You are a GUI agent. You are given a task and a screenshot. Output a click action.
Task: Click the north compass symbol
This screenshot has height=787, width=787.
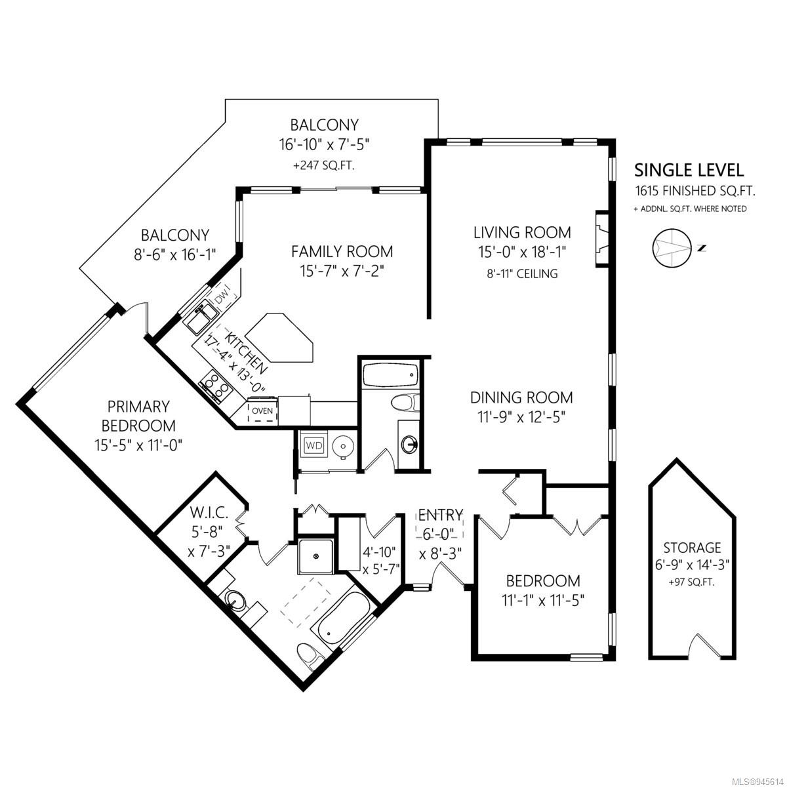pos(672,248)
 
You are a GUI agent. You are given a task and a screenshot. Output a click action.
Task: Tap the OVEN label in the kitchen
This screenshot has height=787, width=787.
pos(262,411)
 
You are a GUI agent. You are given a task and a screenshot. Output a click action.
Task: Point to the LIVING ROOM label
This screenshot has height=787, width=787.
pos(522,232)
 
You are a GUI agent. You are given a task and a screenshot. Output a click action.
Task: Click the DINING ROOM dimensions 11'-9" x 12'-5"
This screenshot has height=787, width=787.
pos(521,417)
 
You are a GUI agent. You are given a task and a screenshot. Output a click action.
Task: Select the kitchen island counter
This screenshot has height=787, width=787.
pos(280,338)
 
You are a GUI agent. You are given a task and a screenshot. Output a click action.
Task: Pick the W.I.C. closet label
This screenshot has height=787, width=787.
pos(209,512)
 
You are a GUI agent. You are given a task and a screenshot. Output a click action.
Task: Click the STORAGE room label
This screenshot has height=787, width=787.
pos(693,547)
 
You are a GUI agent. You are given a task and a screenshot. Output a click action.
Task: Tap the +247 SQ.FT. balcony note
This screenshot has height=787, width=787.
pos(324,166)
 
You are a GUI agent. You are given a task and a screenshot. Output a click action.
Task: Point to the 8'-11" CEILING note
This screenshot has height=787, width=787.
pos(522,273)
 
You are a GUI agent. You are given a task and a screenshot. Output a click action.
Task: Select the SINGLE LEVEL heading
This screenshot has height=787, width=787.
pos(689,171)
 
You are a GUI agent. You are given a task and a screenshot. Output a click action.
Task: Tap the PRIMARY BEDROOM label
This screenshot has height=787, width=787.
pos(138,416)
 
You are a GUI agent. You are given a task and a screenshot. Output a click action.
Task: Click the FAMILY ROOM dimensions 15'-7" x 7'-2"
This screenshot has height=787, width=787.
pos(342,271)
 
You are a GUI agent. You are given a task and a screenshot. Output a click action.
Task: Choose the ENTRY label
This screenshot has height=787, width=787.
pos(440,515)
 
